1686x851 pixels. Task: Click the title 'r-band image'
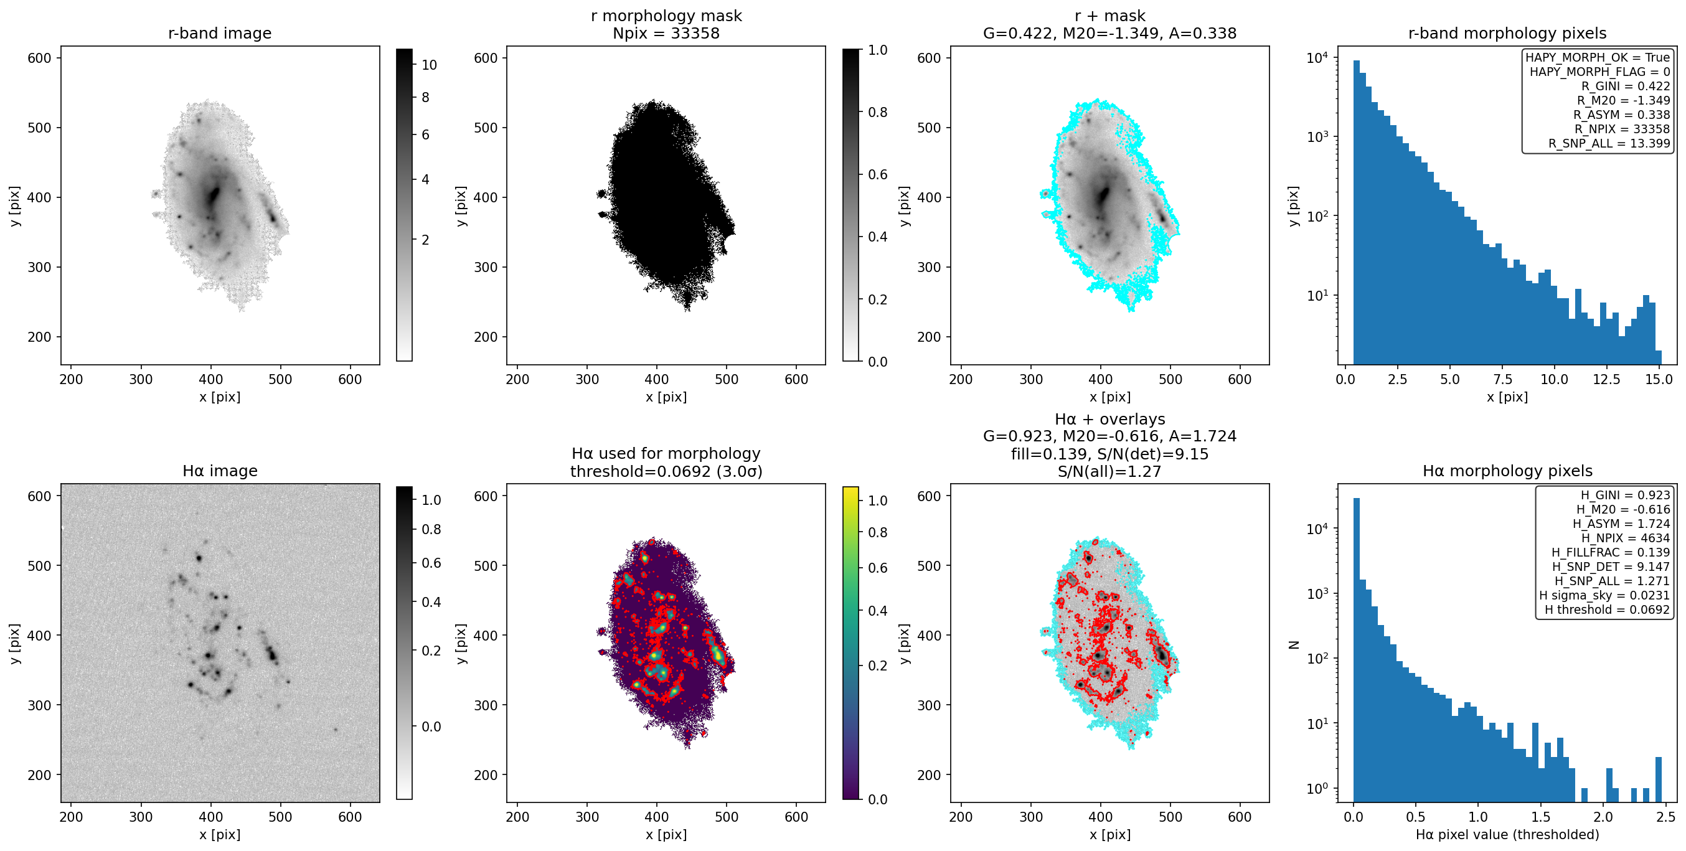[219, 34]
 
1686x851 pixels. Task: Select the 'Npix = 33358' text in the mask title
[666, 34]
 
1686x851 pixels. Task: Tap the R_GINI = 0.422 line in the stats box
[1625, 86]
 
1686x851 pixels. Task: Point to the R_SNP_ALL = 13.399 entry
[1609, 143]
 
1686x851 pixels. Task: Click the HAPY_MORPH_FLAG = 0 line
[1599, 72]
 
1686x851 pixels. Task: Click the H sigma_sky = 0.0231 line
[1604, 595]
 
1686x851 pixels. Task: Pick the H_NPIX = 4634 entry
[1625, 538]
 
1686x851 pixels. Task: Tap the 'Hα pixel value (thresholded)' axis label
[1507, 835]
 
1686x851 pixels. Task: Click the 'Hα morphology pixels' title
[1507, 471]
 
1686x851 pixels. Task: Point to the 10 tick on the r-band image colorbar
[430, 65]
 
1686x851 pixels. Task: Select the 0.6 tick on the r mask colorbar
[878, 175]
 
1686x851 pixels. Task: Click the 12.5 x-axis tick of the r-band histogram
[1606, 380]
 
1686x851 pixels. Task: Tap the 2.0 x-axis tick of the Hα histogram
[1603, 817]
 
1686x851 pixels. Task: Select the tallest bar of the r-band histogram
[1356, 212]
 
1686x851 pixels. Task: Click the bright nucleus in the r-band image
[214, 194]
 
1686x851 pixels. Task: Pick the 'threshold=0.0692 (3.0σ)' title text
[666, 471]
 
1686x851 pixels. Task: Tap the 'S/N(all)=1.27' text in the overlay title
[1109, 471]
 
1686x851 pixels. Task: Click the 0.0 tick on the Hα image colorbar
[431, 726]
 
